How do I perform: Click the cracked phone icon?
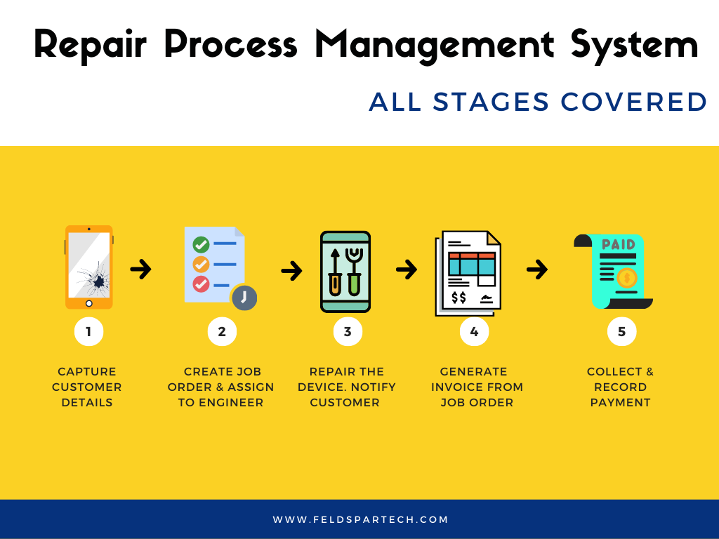pos(89,267)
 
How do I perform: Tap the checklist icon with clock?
pos(217,267)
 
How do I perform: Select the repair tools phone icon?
pos(345,271)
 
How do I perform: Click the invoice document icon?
pos(468,272)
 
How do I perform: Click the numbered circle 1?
pos(88,332)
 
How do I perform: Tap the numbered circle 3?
pos(348,332)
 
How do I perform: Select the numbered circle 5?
pos(621,332)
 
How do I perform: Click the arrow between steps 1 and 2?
pos(141,269)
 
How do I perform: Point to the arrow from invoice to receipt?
pos(537,269)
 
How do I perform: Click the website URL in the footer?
pos(360,520)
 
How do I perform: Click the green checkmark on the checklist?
pos(201,245)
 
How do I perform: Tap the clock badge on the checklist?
pos(244,298)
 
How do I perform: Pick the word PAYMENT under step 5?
pos(621,403)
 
